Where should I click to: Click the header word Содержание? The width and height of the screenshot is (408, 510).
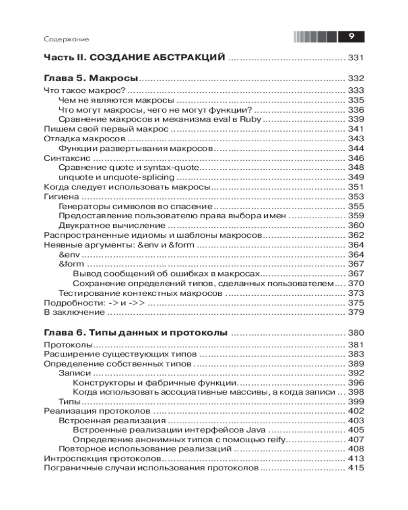pyautogui.click(x=67, y=39)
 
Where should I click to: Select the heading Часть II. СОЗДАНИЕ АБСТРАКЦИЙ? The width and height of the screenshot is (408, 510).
pyautogui.click(x=135, y=58)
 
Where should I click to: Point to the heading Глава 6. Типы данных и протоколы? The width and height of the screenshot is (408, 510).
pyautogui.click(x=136, y=333)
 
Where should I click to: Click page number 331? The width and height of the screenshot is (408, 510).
pyautogui.click(x=355, y=58)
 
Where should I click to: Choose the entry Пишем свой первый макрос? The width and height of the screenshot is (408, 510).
pyautogui.click(x=106, y=129)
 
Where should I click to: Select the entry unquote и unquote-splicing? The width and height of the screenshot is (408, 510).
pyautogui.click(x=116, y=177)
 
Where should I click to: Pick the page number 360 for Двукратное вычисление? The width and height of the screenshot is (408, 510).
pyautogui.click(x=355, y=226)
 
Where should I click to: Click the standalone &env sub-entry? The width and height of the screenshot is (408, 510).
pyautogui.click(x=70, y=254)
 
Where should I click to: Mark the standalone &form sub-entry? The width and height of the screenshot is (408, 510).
pyautogui.click(x=71, y=264)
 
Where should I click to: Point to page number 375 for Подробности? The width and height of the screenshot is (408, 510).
pyautogui.click(x=355, y=303)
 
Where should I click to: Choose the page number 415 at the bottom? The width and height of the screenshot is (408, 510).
pyautogui.click(x=355, y=468)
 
